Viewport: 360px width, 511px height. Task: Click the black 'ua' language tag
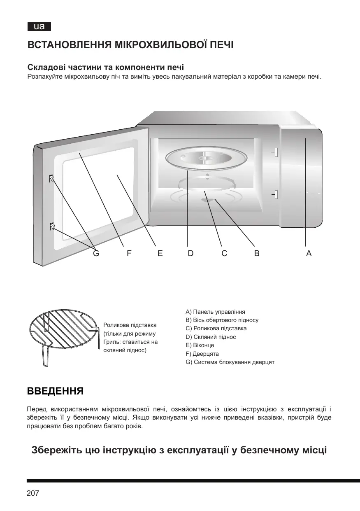click(39, 27)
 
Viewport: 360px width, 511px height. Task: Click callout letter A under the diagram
click(309, 254)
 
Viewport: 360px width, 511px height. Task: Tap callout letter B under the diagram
click(257, 254)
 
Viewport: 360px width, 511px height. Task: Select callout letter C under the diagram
click(224, 254)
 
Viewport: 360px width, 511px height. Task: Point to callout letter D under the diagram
click(190, 254)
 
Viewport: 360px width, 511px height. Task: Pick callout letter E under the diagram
click(160, 254)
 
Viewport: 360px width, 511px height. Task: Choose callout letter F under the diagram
click(129, 254)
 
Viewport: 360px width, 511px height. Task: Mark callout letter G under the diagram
click(96, 254)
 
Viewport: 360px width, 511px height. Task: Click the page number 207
click(33, 493)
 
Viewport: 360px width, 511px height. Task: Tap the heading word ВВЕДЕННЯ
click(56, 390)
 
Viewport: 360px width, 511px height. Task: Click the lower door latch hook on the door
click(52, 226)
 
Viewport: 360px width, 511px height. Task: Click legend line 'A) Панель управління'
click(216, 311)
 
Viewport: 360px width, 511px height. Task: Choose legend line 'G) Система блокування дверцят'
click(230, 362)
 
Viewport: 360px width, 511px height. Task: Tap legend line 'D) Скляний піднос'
click(211, 337)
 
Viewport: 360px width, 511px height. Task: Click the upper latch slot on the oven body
click(276, 152)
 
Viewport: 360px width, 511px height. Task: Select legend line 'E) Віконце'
click(200, 345)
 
